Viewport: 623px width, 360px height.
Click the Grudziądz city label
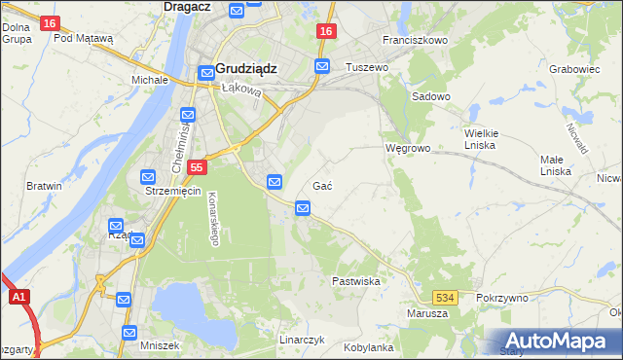click(246, 69)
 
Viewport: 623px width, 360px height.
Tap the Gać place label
click(324, 186)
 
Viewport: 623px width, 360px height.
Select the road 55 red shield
click(197, 167)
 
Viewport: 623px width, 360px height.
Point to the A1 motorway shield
click(18, 299)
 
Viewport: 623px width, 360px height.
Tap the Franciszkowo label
click(415, 41)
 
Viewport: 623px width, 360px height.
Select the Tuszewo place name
click(367, 67)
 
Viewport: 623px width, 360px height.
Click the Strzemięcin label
click(172, 191)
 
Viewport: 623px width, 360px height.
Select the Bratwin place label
click(44, 186)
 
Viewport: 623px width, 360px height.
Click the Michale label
click(150, 80)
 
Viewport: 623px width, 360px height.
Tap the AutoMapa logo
click(559, 341)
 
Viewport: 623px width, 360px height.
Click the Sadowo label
click(431, 96)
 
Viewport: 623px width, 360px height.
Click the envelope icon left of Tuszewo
click(322, 66)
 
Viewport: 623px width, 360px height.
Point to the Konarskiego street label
click(213, 216)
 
